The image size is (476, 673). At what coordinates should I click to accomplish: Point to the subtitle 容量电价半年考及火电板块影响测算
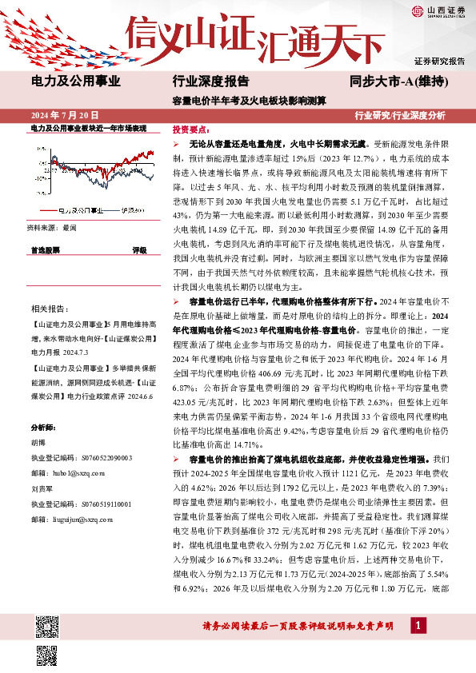[238, 101]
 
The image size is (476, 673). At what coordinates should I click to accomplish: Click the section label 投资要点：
[192, 129]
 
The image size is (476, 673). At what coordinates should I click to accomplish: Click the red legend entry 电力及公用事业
[81, 211]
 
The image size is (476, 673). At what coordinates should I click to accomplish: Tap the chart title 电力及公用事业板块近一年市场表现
[88, 128]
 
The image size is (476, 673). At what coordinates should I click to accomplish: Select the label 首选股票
[45, 250]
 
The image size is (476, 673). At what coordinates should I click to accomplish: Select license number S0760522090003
[92, 458]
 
